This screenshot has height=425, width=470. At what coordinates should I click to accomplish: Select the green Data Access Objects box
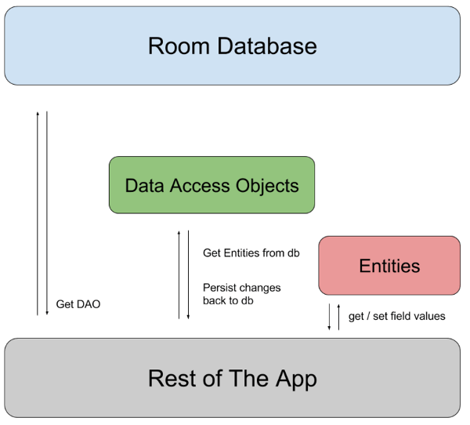click(x=211, y=185)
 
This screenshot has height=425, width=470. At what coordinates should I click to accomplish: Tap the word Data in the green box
click(x=143, y=186)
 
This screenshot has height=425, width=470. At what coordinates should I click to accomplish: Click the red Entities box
click(x=389, y=266)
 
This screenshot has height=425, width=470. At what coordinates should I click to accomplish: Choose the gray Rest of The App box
click(x=233, y=379)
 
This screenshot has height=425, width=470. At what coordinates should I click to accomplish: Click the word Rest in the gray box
click(x=169, y=379)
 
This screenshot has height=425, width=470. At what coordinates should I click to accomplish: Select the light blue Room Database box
click(x=233, y=45)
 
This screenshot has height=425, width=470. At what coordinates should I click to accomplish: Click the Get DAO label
click(x=76, y=303)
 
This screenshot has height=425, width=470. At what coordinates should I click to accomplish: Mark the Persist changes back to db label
click(x=241, y=295)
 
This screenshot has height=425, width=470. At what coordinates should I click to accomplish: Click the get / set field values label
click(x=396, y=316)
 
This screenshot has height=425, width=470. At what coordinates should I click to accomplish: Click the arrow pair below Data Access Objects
click(x=184, y=274)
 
